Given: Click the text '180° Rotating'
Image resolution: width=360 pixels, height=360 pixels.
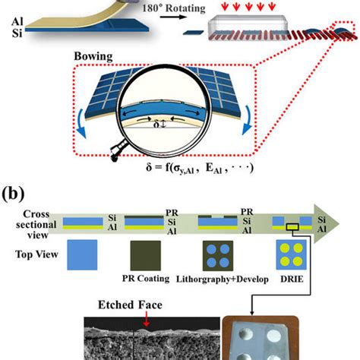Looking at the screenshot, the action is [x=174, y=8].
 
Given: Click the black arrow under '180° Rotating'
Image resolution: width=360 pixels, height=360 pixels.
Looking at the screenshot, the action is [x=173, y=17].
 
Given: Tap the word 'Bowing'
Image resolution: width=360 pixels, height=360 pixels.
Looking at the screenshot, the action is [x=93, y=56].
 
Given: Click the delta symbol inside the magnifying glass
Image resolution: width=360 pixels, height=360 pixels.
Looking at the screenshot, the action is [x=156, y=124].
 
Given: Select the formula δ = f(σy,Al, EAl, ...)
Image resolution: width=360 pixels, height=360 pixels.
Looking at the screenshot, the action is [x=200, y=168].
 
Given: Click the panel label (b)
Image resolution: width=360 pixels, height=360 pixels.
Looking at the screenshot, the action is [x=13, y=194].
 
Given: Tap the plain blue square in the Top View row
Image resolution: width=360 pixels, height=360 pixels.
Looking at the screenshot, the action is [x=82, y=254].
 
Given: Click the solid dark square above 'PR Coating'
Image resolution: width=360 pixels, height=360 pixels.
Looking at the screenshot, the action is [x=146, y=255].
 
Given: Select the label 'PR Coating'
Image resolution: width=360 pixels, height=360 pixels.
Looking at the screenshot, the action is [x=146, y=279].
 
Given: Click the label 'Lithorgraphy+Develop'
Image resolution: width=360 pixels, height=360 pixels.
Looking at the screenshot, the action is [x=223, y=279].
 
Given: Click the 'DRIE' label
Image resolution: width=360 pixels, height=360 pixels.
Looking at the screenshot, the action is [x=292, y=279].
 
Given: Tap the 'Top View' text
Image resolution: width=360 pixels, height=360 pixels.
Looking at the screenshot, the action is [x=36, y=254].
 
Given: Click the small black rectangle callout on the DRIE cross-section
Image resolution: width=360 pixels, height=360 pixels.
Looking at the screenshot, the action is [x=292, y=227].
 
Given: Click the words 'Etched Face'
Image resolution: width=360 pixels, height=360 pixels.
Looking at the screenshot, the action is [x=130, y=305].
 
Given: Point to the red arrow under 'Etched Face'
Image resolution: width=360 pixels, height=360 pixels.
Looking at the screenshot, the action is [x=146, y=319].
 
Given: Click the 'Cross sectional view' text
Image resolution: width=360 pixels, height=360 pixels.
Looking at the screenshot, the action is [x=36, y=225].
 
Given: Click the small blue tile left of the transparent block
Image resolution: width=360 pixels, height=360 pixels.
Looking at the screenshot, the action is [x=194, y=33].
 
